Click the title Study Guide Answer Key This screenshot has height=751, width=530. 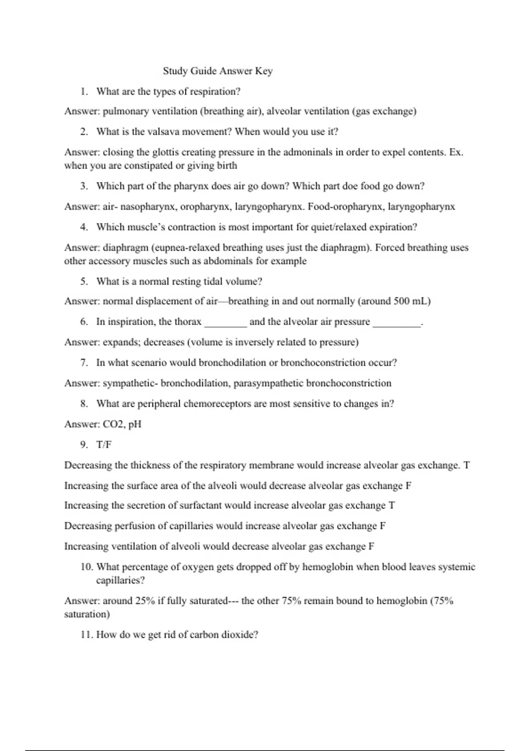[218, 71]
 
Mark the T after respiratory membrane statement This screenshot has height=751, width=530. [466, 466]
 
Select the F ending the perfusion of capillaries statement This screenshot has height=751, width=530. [382, 526]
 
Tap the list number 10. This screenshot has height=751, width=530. [86, 567]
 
